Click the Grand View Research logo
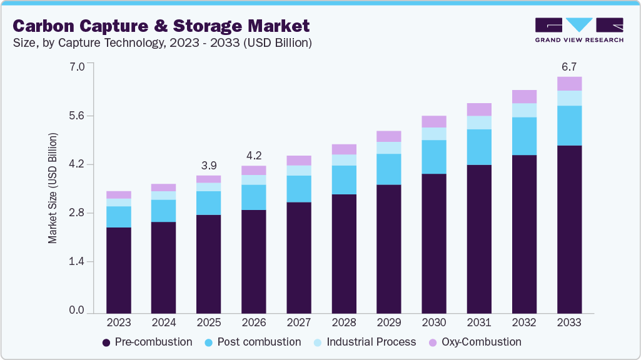coord(579,29)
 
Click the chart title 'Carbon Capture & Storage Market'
coord(161,26)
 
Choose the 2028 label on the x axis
coord(343,323)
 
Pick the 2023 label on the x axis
coord(118,323)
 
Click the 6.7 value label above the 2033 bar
coord(569,67)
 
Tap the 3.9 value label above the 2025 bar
coord(208,166)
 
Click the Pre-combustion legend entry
coord(147,342)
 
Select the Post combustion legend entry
coord(254,342)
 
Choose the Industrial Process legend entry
coord(365,342)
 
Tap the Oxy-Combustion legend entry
coord(475,342)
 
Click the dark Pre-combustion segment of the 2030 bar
coord(434,243)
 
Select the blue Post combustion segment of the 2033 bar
coord(569,126)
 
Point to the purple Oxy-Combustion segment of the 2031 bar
coord(479,109)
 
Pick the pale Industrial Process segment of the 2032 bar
coord(524,110)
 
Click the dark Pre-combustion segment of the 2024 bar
coord(163,267)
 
